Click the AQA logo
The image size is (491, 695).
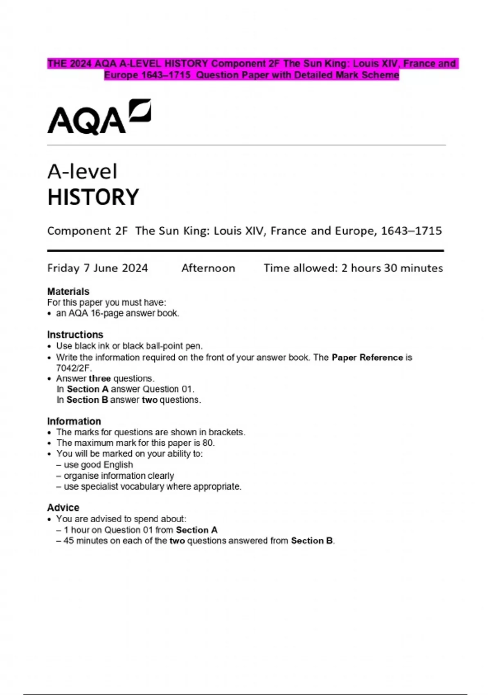[99, 117]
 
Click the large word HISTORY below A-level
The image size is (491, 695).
[93, 197]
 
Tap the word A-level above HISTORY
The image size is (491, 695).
[82, 171]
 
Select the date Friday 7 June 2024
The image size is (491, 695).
[97, 268]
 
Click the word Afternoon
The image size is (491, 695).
[208, 268]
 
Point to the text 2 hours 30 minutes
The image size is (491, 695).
[392, 268]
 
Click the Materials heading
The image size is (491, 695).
[68, 291]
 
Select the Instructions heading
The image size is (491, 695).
[75, 334]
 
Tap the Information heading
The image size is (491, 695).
[74, 421]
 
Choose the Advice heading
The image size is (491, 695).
[63, 507]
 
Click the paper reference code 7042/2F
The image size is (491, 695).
[73, 368]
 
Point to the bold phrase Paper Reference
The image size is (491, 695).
[367, 357]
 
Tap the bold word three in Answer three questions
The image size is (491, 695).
[99, 379]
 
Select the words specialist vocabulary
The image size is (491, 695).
[122, 486]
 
